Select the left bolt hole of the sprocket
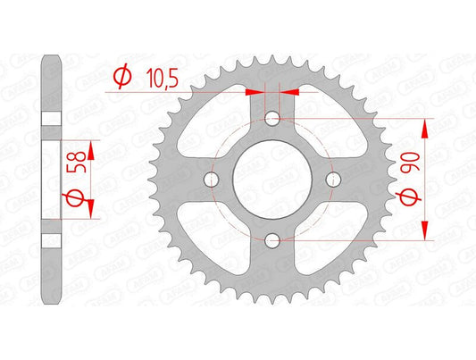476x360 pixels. [212, 180]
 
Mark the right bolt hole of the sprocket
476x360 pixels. [333, 180]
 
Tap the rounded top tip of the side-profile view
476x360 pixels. [52, 60]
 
